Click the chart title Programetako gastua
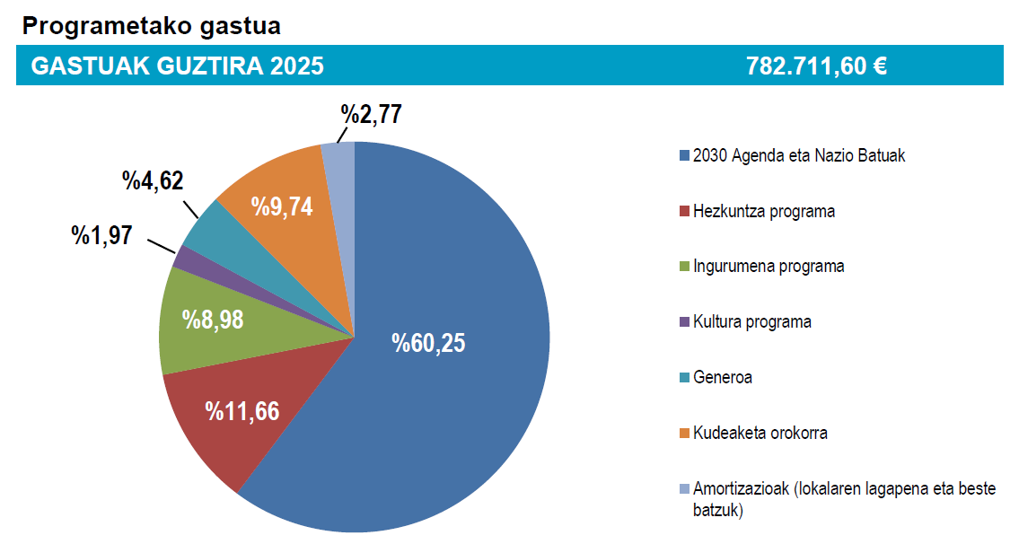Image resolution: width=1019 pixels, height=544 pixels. coord(151,26)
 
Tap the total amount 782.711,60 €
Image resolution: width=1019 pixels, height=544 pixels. coord(816,66)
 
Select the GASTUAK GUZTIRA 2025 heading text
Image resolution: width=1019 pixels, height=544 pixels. coord(177,66)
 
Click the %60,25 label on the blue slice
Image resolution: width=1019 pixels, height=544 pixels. coord(429,343)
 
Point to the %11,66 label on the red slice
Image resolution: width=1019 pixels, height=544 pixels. coord(242,412)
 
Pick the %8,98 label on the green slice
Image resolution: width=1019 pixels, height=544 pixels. coord(213,320)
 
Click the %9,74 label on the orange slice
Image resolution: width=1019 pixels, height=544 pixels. coord(282,206)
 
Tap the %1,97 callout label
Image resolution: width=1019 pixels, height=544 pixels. coord(101,236)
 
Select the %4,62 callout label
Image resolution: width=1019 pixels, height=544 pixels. coord(153,180)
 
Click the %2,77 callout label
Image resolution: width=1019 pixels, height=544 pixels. coord(371,114)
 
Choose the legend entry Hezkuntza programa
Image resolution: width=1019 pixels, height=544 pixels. coord(763,212)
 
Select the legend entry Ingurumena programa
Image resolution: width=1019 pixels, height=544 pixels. coord(768,267)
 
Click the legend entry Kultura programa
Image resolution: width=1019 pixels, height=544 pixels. coord(751,321)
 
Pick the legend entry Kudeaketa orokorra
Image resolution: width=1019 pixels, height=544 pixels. coord(760,433)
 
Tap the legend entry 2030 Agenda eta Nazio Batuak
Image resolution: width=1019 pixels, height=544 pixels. coord(799,156)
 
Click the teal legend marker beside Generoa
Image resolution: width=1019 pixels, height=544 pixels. coord(685,378)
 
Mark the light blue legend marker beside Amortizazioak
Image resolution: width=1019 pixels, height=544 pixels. coord(685,489)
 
